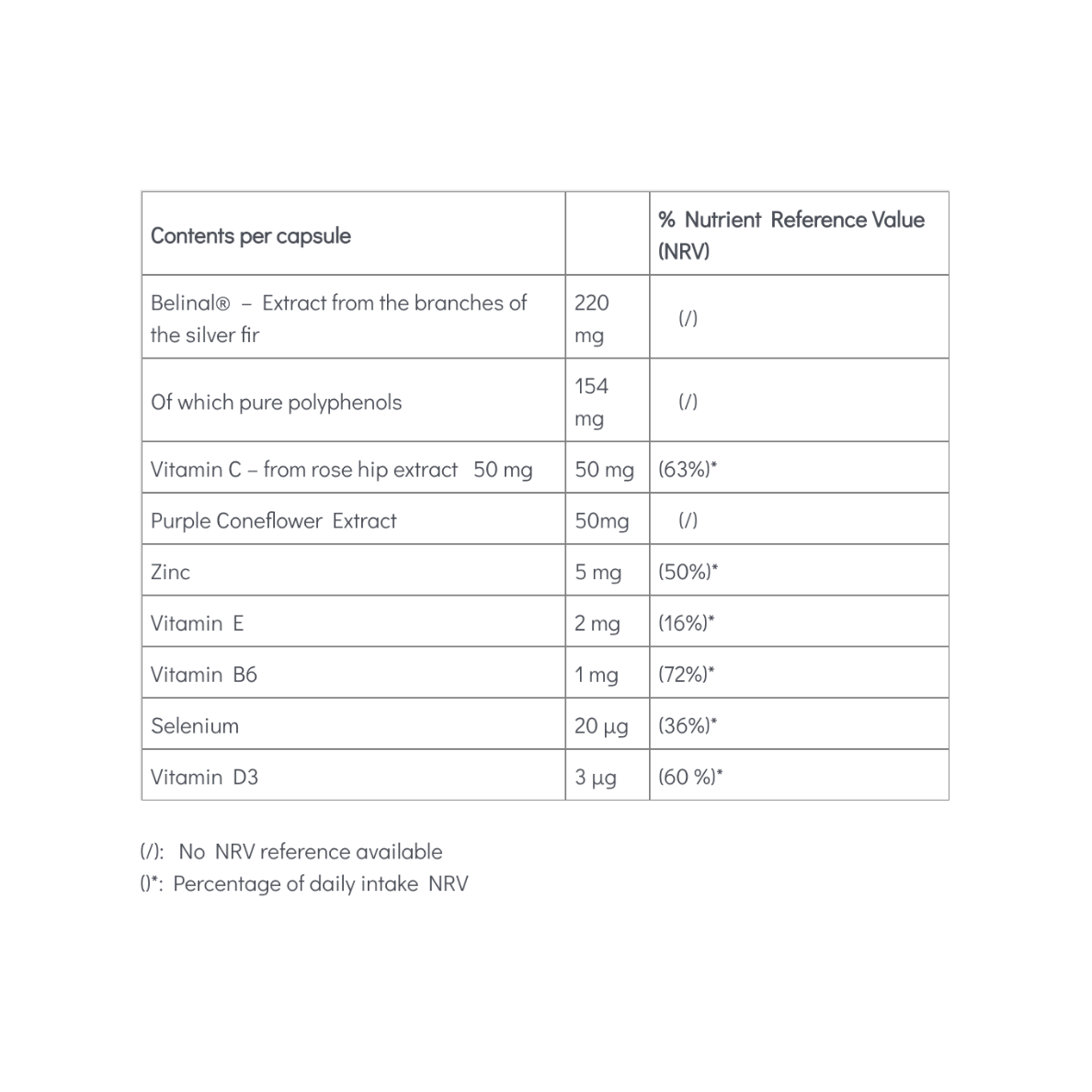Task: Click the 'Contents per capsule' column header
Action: [251, 236]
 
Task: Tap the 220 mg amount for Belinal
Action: [591, 318]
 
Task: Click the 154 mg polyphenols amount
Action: [591, 402]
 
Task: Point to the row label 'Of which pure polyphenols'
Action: [276, 403]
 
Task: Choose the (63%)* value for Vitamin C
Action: [688, 470]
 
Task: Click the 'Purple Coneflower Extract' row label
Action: [273, 521]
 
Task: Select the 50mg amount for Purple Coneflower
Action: [602, 521]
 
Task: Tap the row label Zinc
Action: [170, 573]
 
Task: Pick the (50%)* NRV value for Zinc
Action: [688, 573]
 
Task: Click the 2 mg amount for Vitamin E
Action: [597, 624]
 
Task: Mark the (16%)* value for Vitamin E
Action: [686, 624]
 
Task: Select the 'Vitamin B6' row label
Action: [203, 676]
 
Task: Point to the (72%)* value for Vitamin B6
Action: [686, 676]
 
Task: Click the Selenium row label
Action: [195, 726]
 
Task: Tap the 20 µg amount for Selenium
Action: [601, 726]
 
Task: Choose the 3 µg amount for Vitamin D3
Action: [595, 778]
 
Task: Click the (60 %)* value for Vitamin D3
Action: [690, 778]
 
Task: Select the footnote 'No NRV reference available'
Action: [310, 852]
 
